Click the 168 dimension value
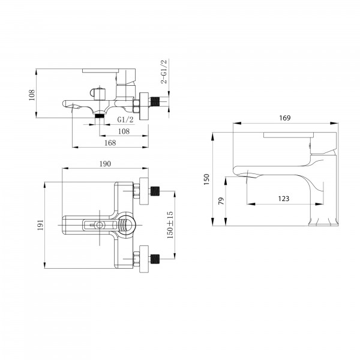point(110,143)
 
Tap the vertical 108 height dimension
point(32,95)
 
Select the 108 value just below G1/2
point(124,131)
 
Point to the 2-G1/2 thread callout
point(164,71)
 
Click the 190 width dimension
point(105,164)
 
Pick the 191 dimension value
point(41,225)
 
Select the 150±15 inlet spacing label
point(170,225)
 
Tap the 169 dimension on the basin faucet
point(284,118)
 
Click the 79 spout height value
point(221,201)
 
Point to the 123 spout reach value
point(284,199)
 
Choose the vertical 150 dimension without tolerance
point(206,179)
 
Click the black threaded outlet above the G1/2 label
point(100,115)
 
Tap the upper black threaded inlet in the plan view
point(155,191)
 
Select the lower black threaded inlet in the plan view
point(155,259)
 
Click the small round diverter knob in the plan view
point(100,225)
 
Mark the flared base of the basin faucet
point(323,222)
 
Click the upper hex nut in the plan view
point(136,191)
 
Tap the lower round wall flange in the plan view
point(144,259)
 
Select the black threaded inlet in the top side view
point(155,101)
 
